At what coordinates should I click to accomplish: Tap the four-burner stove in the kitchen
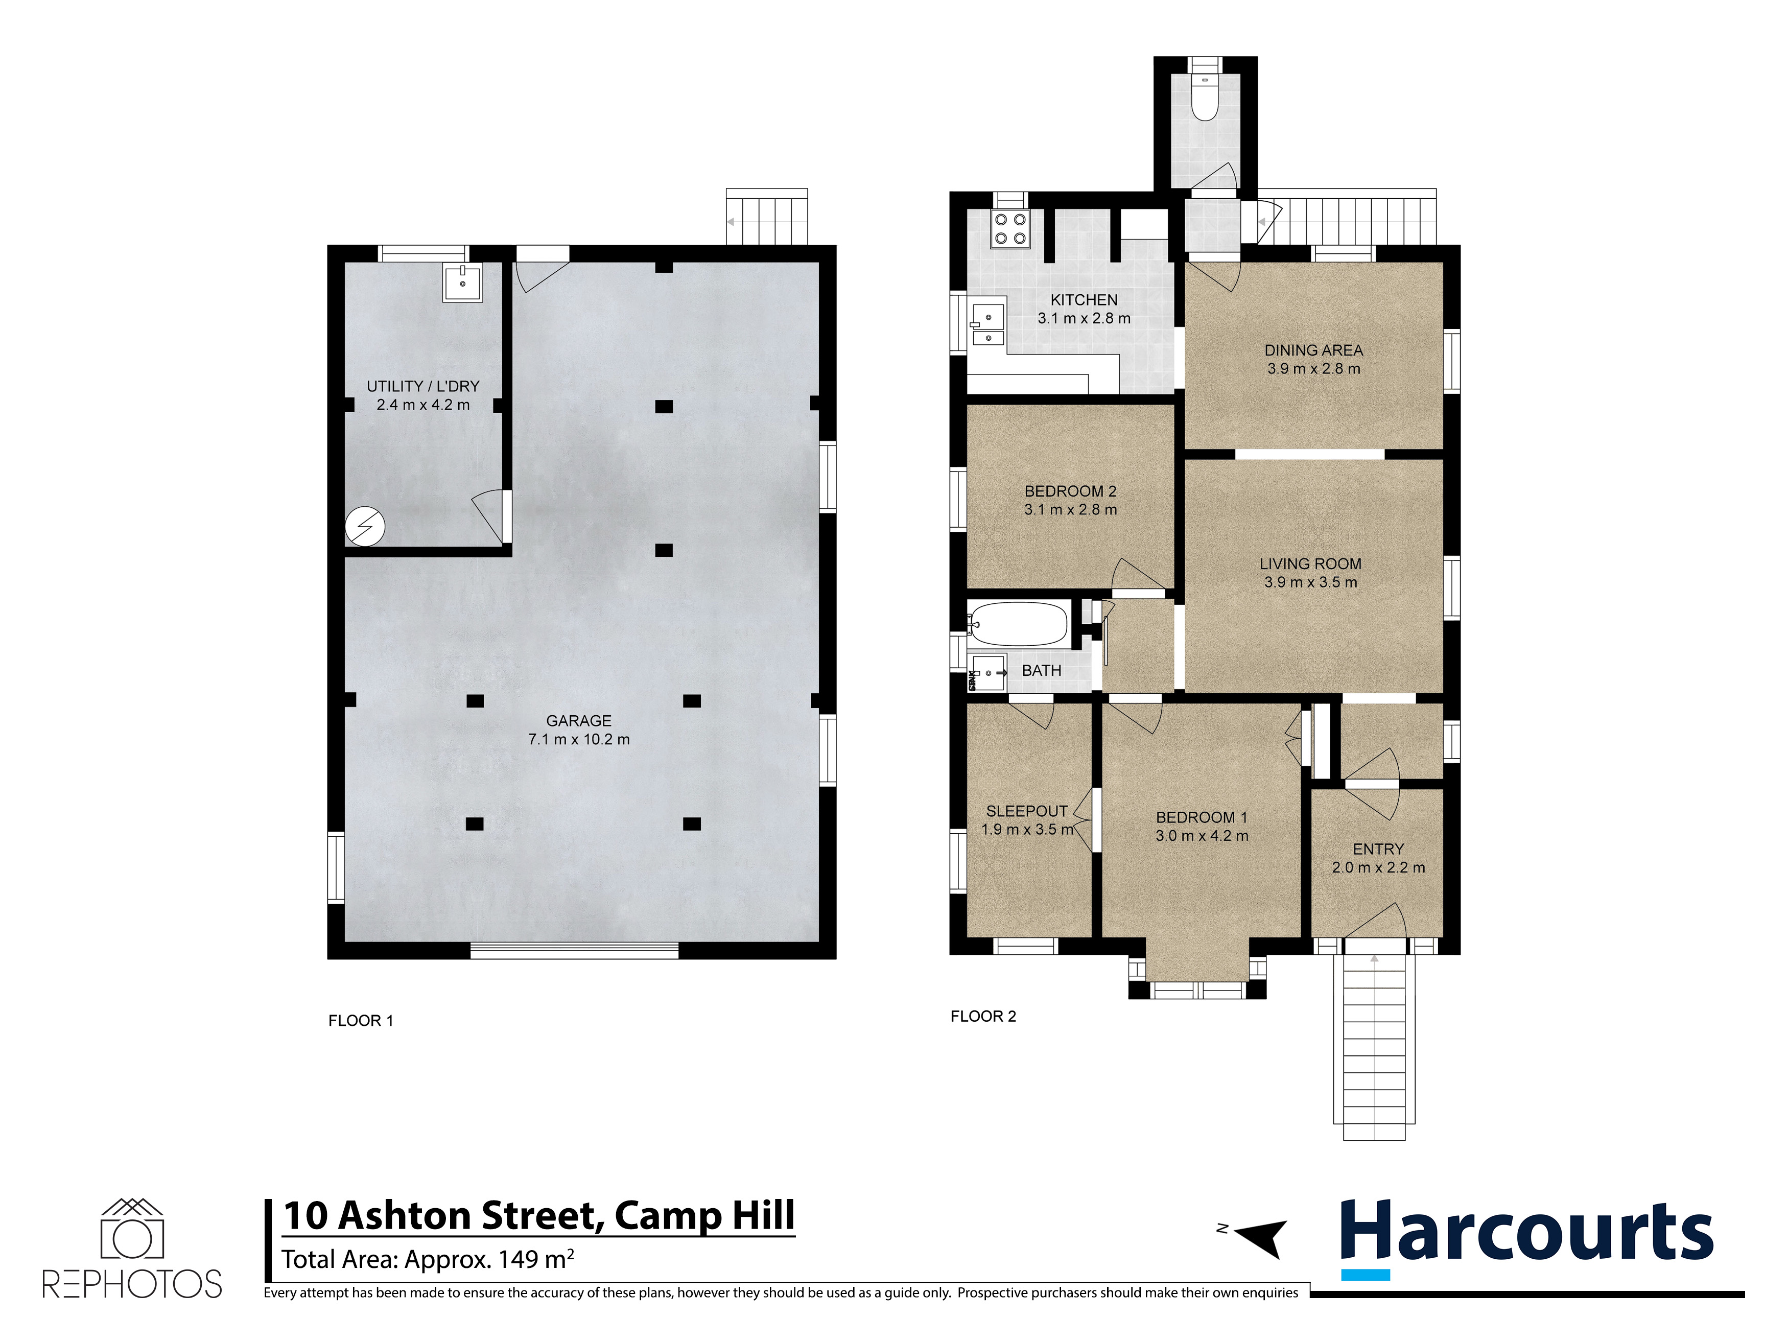tap(1010, 229)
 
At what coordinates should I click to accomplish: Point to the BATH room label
tap(1041, 670)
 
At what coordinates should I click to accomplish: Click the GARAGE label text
tap(579, 720)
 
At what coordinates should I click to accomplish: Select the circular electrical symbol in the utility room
tap(365, 526)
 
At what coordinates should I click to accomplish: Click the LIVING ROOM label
tap(1310, 563)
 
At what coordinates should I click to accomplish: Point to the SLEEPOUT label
tap(1026, 811)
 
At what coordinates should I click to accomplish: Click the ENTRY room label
tap(1378, 849)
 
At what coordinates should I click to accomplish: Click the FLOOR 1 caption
tap(361, 1021)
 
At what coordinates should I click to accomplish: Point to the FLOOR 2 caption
tap(983, 1016)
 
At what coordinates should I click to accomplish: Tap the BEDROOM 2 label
tap(1070, 490)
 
